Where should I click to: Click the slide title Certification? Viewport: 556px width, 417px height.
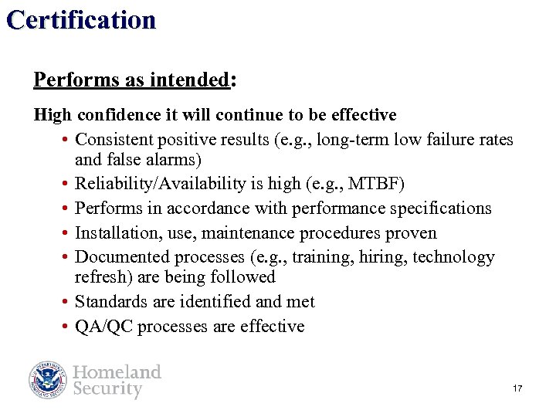click(81, 19)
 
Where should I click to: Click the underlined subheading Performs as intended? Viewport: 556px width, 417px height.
click(131, 80)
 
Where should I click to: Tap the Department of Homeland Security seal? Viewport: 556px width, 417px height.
click(49, 380)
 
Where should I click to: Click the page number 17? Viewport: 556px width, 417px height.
click(517, 388)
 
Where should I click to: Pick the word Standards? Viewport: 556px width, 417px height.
click(108, 302)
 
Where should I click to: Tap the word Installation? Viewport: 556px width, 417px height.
click(112, 233)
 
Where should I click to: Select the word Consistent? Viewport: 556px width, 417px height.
click(114, 139)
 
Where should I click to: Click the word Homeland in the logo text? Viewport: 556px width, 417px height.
click(117, 371)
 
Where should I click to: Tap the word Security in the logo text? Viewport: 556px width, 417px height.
click(107, 389)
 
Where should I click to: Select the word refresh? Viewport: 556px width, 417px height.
click(98, 277)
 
